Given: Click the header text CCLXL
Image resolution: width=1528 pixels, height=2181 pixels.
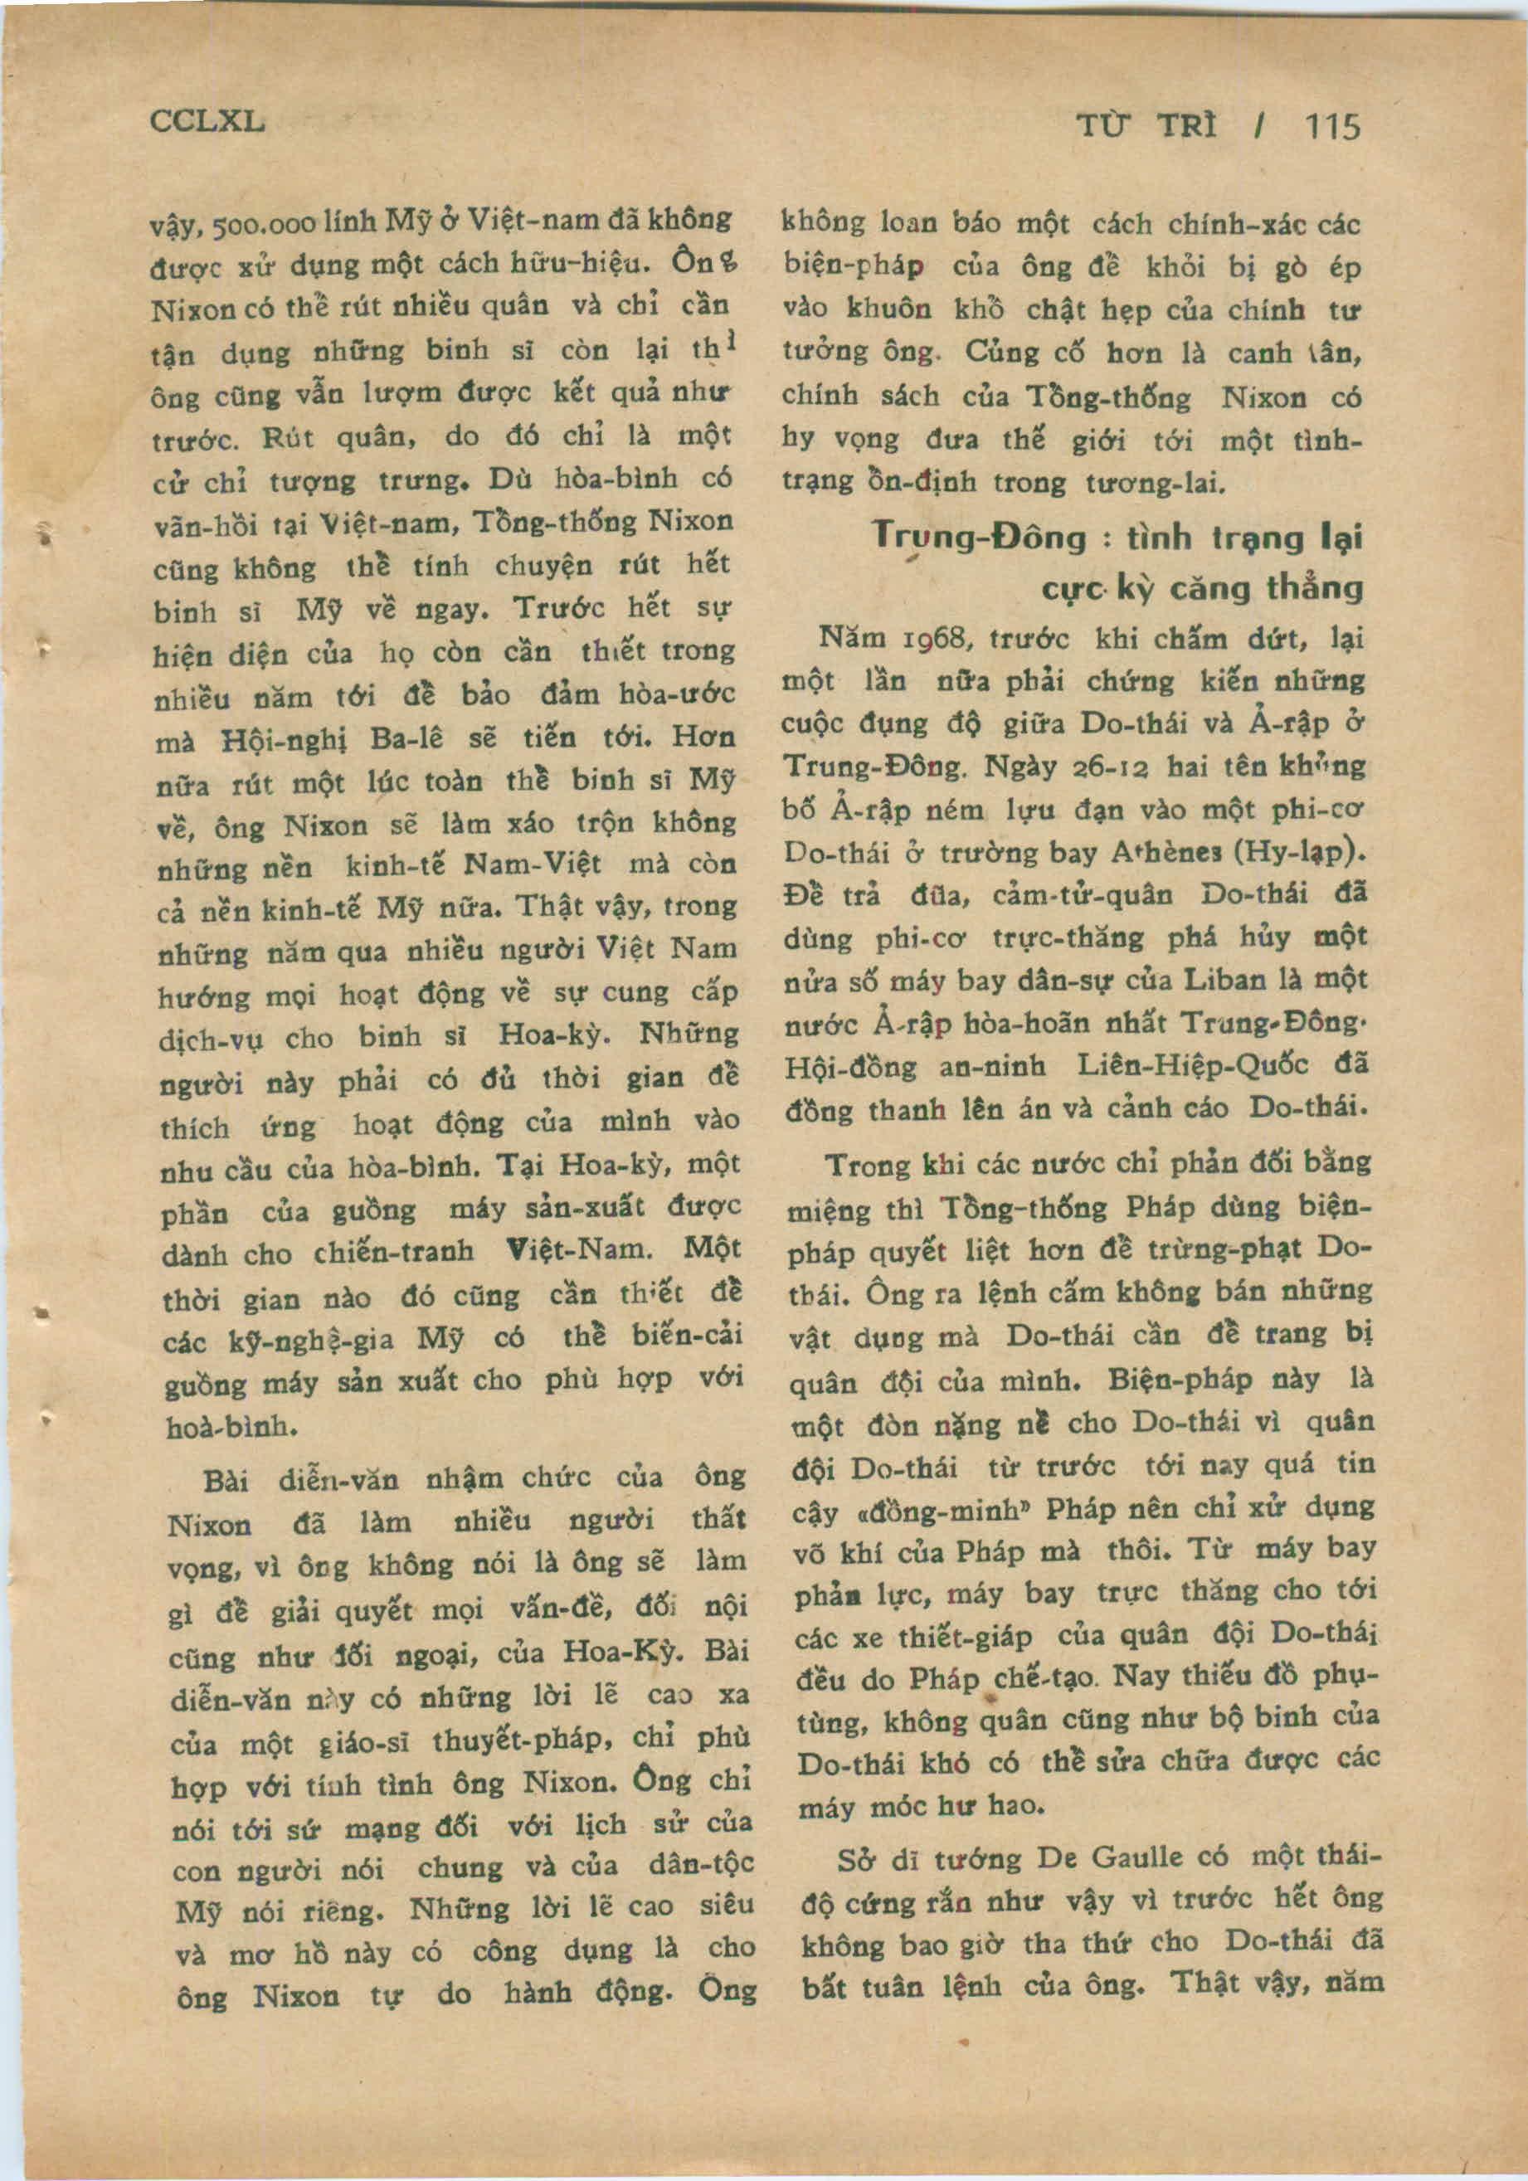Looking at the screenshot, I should (207, 122).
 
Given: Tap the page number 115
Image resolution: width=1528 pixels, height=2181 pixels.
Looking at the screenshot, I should (1332, 126).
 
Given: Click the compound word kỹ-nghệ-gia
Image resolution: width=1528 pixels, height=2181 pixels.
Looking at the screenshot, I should (311, 1342).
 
